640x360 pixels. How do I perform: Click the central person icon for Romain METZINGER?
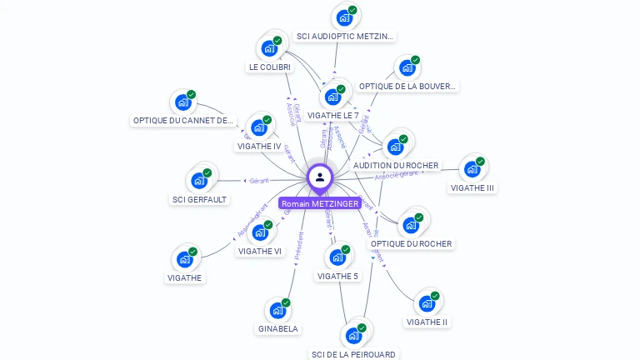[320, 177]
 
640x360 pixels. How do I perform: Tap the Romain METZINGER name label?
[320, 203]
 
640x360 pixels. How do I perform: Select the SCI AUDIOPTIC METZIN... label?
[346, 37]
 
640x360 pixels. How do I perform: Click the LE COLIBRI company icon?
[269, 48]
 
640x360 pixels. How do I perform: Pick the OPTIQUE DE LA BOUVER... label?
[407, 86]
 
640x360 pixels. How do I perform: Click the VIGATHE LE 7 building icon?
[332, 97]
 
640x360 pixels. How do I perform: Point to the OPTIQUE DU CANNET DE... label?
[184, 121]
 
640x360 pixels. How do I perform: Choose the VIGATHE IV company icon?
[259, 128]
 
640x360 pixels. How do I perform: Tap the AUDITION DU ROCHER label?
[396, 166]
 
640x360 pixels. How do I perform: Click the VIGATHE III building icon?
[472, 169]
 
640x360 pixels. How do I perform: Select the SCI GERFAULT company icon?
[199, 181]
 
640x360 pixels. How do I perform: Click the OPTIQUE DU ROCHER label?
[411, 244]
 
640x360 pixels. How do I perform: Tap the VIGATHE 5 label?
[337, 276]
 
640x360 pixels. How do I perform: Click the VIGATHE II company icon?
[427, 304]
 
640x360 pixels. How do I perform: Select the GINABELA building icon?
[277, 311]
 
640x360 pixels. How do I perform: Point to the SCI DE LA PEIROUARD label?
[353, 354]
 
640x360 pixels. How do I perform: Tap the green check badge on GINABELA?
[286, 302]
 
